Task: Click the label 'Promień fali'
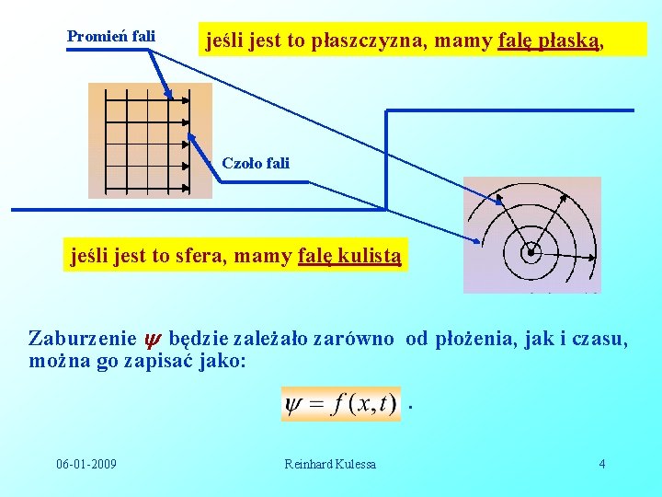click(x=111, y=37)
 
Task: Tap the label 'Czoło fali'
click(x=256, y=163)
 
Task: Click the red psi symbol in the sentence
click(x=155, y=339)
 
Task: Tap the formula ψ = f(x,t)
click(x=340, y=404)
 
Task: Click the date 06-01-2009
click(x=86, y=464)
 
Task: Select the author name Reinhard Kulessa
click(x=330, y=464)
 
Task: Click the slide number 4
click(x=602, y=464)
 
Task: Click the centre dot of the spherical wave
click(x=531, y=251)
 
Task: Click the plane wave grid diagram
click(x=149, y=141)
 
